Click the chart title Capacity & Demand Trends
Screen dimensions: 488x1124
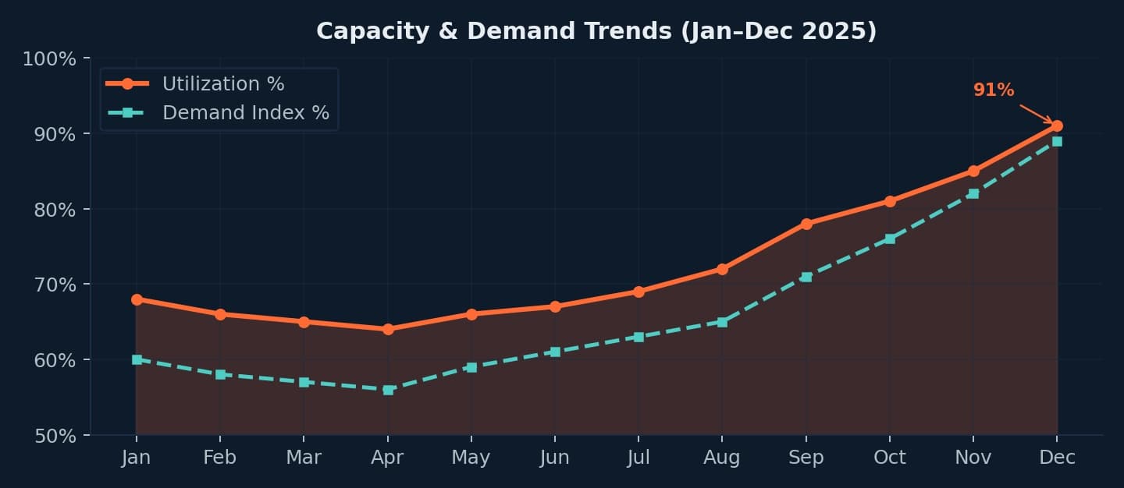596,31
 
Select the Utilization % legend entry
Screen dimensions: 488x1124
222,83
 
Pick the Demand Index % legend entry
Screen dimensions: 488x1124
245,113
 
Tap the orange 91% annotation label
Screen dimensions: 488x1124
993,90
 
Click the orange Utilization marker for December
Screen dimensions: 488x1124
1057,126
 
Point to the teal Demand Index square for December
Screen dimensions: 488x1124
1057,141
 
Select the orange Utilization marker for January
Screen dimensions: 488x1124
137,299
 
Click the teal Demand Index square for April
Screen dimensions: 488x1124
388,390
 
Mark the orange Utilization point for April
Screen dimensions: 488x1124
388,329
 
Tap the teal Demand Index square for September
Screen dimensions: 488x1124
806,277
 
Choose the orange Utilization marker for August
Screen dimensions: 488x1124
722,269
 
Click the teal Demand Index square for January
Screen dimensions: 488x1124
137,359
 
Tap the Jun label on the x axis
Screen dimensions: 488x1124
554,458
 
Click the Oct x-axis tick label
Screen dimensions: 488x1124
889,458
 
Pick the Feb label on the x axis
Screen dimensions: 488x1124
220,458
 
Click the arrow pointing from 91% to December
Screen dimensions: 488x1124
1036,114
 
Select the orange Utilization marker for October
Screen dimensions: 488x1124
890,201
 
